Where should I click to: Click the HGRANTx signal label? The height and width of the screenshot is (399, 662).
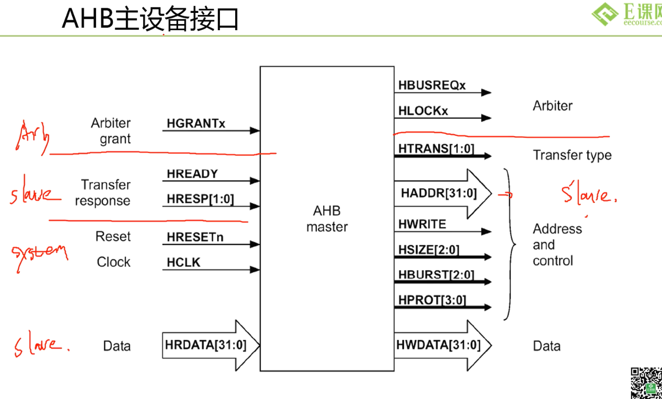click(x=196, y=124)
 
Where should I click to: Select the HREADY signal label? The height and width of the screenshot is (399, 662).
click(x=192, y=174)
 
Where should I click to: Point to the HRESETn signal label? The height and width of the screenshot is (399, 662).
click(x=195, y=237)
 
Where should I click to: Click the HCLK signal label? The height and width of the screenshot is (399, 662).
click(x=183, y=262)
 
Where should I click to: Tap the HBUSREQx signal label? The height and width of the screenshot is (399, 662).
click(x=432, y=86)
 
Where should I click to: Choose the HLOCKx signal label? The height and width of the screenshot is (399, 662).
click(x=423, y=111)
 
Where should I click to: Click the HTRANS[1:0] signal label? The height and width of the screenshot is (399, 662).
click(x=436, y=149)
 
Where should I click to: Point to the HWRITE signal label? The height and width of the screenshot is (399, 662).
click(x=422, y=224)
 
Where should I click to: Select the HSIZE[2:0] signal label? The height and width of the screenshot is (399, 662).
click(x=429, y=250)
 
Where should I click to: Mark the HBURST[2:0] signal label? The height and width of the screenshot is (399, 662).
click(x=436, y=275)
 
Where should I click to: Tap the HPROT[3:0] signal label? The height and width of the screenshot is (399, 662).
click(x=432, y=301)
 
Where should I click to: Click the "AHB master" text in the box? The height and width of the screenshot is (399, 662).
click(x=327, y=219)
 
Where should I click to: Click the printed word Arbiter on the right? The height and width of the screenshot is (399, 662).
click(x=553, y=106)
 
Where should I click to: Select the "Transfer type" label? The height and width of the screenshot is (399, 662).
click(x=572, y=155)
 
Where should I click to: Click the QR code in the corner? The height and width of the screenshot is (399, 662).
click(x=646, y=383)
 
